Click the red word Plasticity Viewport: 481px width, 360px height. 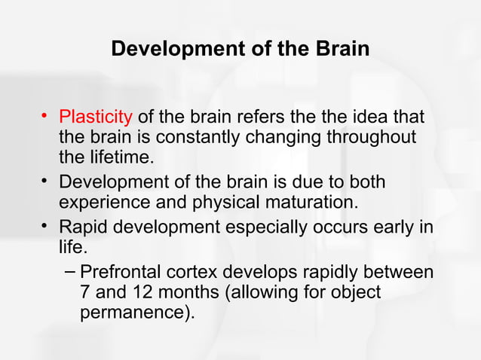coord(96,118)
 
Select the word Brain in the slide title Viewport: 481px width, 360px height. coord(339,50)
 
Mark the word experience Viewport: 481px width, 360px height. coord(101,203)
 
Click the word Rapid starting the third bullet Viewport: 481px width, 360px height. coord(82,227)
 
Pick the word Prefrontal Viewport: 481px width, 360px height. coord(122,272)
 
